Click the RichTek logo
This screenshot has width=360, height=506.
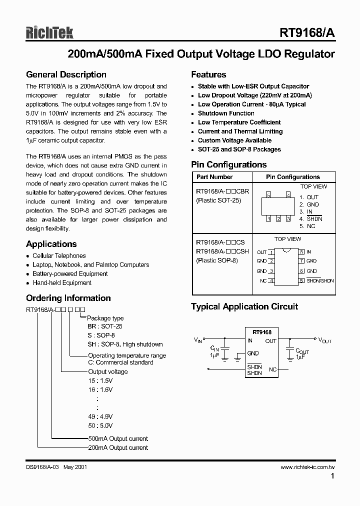click(x=49, y=32)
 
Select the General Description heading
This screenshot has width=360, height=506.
click(x=65, y=75)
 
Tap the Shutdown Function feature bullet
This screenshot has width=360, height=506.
click(x=226, y=113)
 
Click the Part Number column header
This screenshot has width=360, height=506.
click(x=214, y=177)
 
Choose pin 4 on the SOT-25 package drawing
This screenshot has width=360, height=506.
click(x=288, y=194)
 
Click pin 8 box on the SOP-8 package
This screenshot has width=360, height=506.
click(x=301, y=252)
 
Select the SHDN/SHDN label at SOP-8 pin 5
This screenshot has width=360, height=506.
click(x=320, y=280)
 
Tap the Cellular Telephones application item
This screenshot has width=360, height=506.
click(x=59, y=256)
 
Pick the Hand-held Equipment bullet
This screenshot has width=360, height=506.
click(x=62, y=283)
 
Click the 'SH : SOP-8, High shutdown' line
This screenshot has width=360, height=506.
click(x=125, y=344)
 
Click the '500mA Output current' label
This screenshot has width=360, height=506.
click(x=118, y=438)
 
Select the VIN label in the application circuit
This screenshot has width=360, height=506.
click(x=198, y=340)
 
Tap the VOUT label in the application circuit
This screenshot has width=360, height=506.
click(x=325, y=340)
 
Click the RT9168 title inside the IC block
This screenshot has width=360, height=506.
click(x=262, y=332)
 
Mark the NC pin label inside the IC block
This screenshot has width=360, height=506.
click(x=272, y=369)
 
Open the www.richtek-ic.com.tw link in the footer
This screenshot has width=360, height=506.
click(x=307, y=467)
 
